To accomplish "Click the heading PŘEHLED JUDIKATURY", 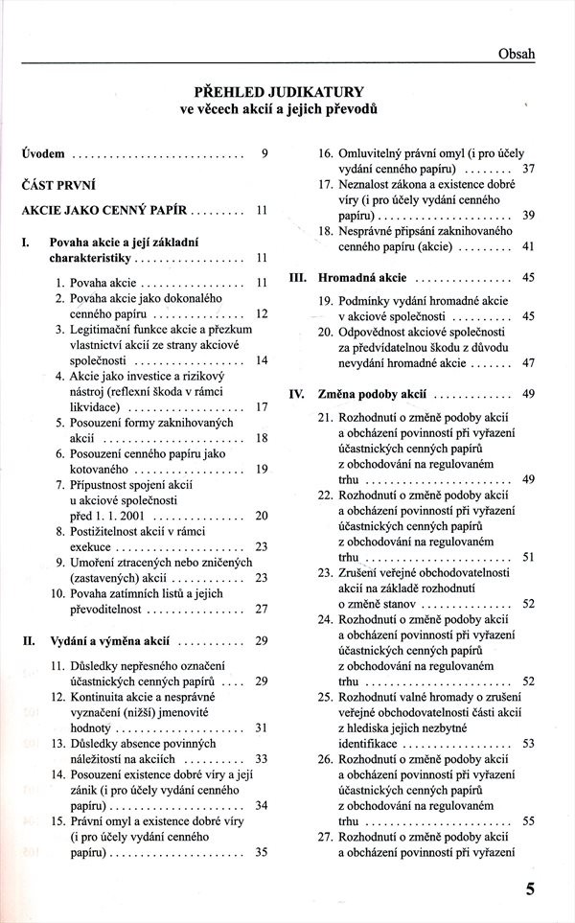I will [x=279, y=93].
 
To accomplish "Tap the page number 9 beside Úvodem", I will [x=264, y=152].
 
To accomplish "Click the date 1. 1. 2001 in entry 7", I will [x=103, y=515].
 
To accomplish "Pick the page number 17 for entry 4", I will [x=261, y=406].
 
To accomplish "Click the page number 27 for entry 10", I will [x=261, y=609].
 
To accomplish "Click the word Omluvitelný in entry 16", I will [x=376, y=153].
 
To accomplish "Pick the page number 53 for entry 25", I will [x=528, y=743].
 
